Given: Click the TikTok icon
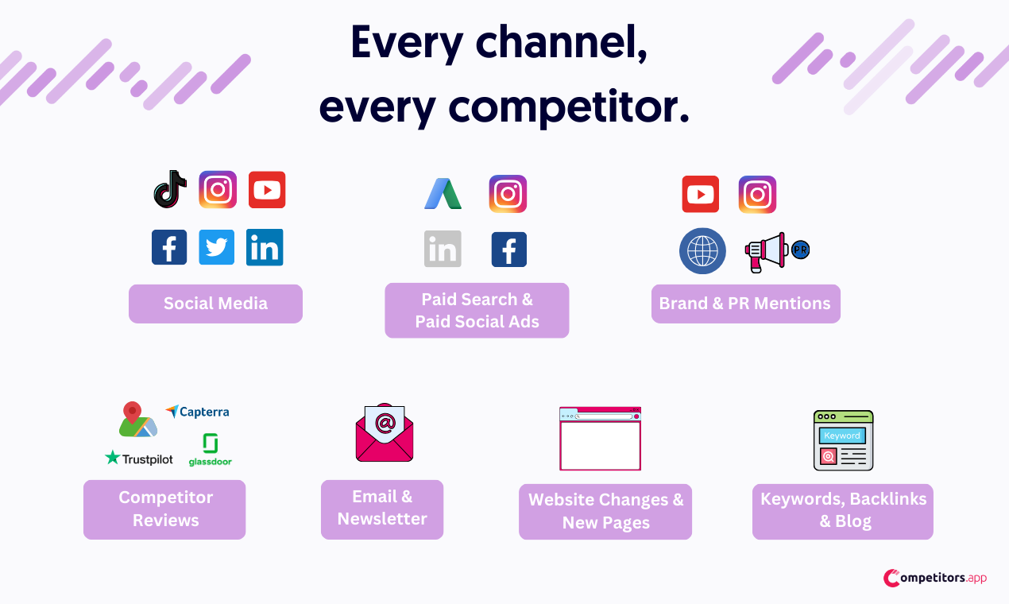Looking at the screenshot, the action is (x=170, y=189).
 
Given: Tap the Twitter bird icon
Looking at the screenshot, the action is (x=217, y=247).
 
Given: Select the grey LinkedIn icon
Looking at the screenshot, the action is (x=443, y=249).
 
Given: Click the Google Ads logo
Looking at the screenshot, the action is (x=443, y=194).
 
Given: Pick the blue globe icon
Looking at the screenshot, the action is (x=702, y=250).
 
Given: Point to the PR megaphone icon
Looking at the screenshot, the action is (x=776, y=252).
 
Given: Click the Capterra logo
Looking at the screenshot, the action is (x=197, y=412).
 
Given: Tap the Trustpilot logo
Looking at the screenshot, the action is (x=139, y=459).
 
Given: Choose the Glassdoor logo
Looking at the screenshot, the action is (x=211, y=449).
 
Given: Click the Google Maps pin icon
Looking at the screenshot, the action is (x=137, y=420).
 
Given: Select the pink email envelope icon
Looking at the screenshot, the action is (x=385, y=432).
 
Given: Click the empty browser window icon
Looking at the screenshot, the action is (x=600, y=439).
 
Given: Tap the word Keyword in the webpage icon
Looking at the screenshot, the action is (x=842, y=436).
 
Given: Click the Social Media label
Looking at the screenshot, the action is (x=216, y=304).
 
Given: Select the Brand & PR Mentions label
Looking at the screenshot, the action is (x=745, y=304).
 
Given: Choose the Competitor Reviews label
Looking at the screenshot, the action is (x=164, y=509).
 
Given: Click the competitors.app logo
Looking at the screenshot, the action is (x=934, y=578).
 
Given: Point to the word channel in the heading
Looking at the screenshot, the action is (x=561, y=43).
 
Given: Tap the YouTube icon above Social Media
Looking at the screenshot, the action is (x=267, y=190).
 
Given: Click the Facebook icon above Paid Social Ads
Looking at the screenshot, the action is (x=509, y=250).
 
